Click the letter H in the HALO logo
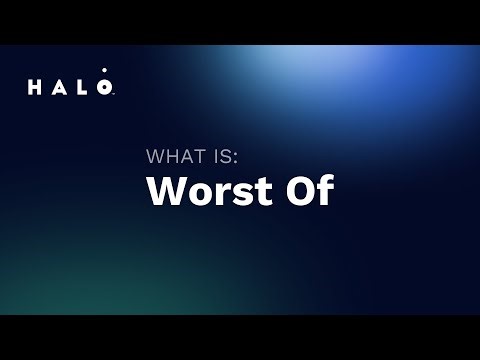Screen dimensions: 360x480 pos(35,88)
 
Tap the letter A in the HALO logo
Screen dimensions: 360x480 pos(60,88)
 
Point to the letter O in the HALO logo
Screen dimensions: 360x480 pos(106,88)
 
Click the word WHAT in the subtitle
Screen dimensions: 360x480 pos(174,157)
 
